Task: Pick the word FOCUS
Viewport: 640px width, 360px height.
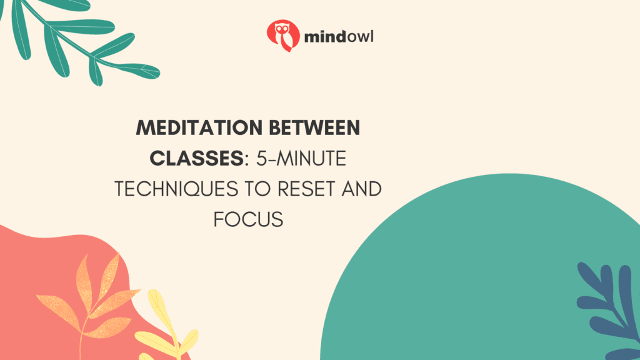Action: pos(248,219)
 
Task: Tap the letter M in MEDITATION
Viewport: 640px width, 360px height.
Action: pos(144,129)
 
